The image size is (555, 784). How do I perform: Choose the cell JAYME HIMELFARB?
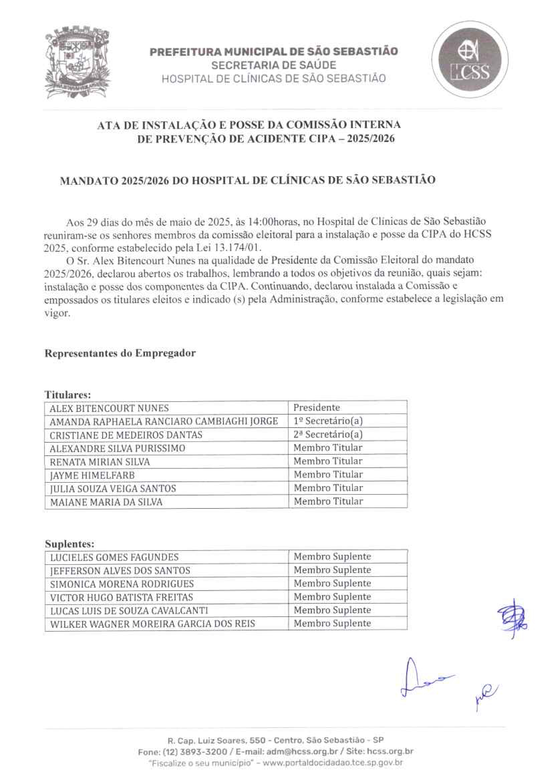pos(92,475)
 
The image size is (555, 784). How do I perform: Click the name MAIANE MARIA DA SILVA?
pos(106,502)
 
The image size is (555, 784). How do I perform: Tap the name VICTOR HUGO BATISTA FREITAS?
pos(121,597)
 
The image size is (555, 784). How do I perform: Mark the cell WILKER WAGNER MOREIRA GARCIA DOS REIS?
pos(152,624)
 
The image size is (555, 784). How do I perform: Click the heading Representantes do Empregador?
pos(120,353)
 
